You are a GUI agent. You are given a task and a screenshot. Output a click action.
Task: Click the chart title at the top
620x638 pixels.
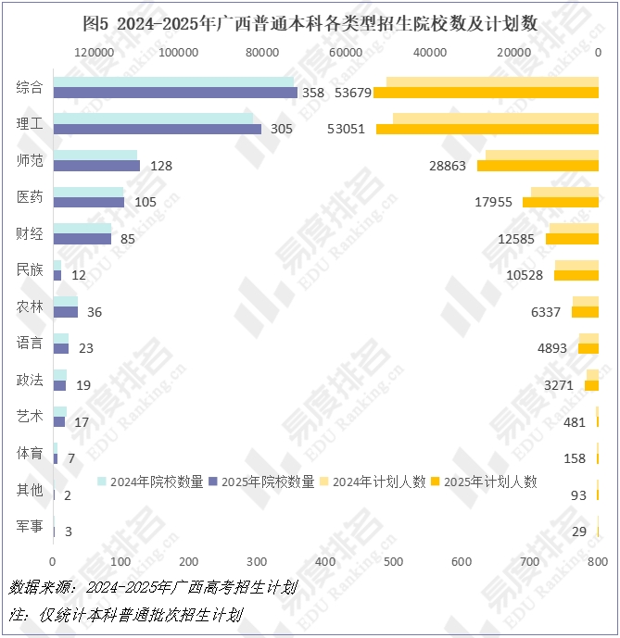tap(310, 21)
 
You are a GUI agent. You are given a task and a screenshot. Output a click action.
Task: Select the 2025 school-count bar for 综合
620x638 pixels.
tap(175, 93)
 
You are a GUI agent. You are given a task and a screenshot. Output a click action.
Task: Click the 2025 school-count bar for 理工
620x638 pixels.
tap(158, 129)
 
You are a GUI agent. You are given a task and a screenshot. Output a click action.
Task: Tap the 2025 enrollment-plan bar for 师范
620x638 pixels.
tap(538, 165)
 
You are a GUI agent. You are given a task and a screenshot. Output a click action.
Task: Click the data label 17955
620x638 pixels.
tap(494, 202)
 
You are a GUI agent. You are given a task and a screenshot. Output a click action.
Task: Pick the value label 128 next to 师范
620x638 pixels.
tap(161, 166)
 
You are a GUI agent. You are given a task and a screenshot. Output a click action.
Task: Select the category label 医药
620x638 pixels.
tap(30, 197)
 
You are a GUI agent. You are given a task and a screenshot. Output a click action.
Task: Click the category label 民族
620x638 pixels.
tap(30, 269)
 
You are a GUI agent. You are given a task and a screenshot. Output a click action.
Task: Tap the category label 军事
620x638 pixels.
tap(30, 526)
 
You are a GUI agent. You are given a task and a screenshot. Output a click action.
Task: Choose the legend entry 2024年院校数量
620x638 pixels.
tap(151, 482)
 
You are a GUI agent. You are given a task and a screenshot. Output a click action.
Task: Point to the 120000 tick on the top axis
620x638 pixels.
tap(94, 53)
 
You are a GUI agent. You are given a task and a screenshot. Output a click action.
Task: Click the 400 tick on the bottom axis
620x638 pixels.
tap(325, 562)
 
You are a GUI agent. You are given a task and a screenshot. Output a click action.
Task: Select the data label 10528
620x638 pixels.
tap(525, 275)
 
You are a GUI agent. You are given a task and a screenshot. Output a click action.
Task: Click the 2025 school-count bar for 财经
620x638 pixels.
tap(82, 238)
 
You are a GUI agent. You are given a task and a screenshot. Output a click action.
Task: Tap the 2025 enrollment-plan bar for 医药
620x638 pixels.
tap(561, 202)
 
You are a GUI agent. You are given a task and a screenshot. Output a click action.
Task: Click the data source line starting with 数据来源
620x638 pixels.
tap(153, 587)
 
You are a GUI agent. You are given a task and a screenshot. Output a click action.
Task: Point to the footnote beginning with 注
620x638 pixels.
tap(126, 614)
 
